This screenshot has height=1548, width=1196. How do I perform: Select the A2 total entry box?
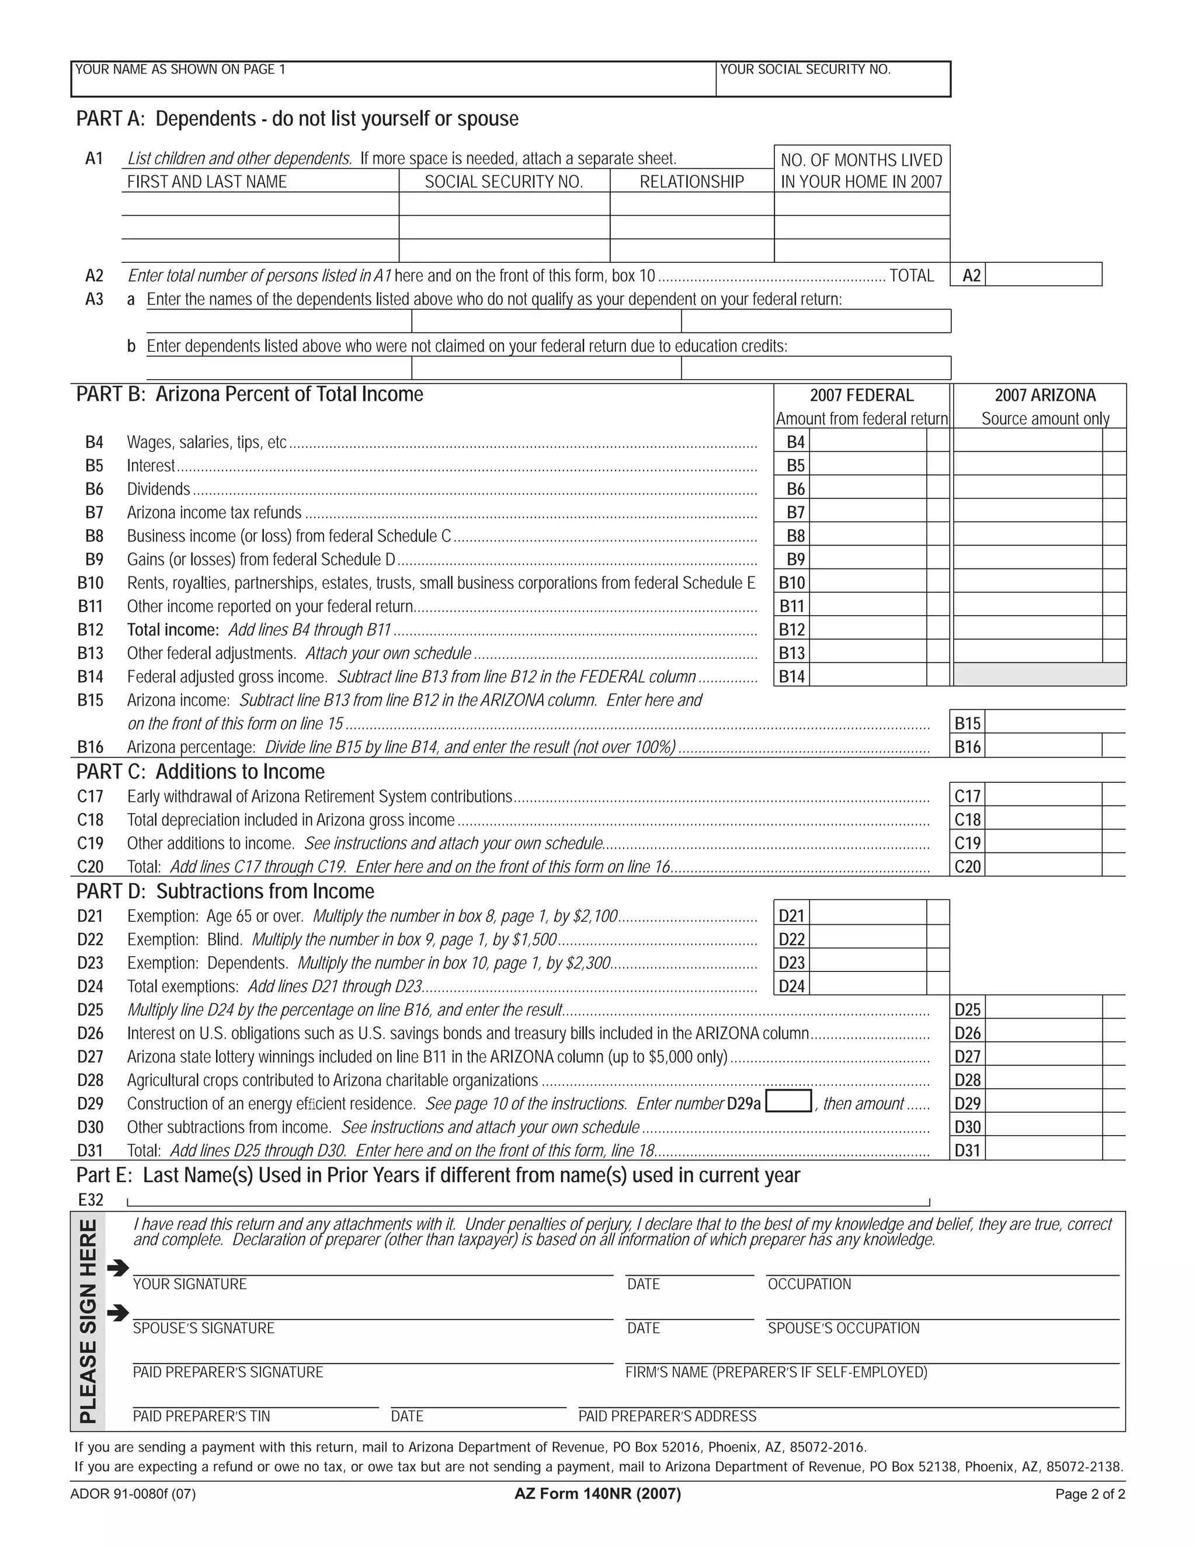[1042, 275]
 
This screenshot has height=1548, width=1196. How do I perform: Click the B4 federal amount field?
[867, 441]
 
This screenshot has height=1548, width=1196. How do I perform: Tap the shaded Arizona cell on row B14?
[1039, 675]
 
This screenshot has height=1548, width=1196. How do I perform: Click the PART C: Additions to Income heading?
[200, 771]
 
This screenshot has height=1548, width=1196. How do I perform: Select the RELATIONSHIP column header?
[691, 182]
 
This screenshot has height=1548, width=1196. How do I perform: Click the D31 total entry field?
[1042, 1149]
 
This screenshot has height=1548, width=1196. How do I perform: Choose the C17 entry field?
[1042, 795]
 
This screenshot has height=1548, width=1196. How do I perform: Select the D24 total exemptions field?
[867, 985]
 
